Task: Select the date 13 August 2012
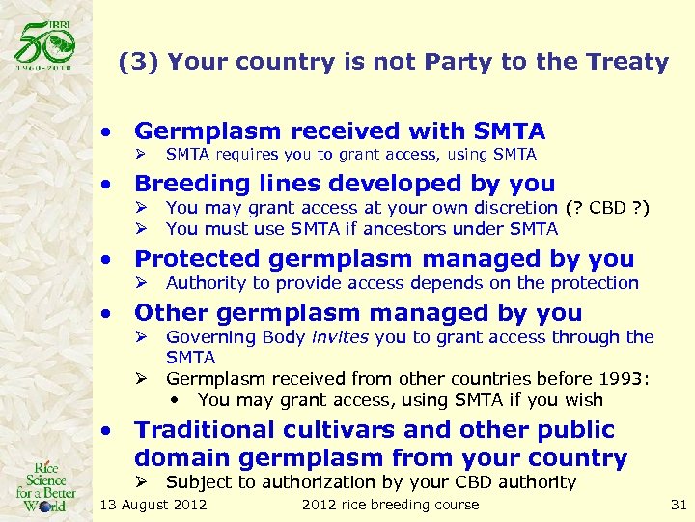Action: pos(153,505)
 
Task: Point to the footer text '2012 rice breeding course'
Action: pos(390,505)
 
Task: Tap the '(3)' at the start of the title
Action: pos(138,63)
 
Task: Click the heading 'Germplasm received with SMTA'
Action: pos(340,130)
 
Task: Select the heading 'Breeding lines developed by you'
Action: pos(345,183)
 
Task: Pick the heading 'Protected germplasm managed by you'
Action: pos(384,258)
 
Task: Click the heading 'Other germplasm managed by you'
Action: pos(358,312)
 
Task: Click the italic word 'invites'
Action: pos(338,337)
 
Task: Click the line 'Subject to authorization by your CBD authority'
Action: pos(371,481)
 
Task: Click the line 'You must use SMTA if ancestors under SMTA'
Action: pos(362,229)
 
